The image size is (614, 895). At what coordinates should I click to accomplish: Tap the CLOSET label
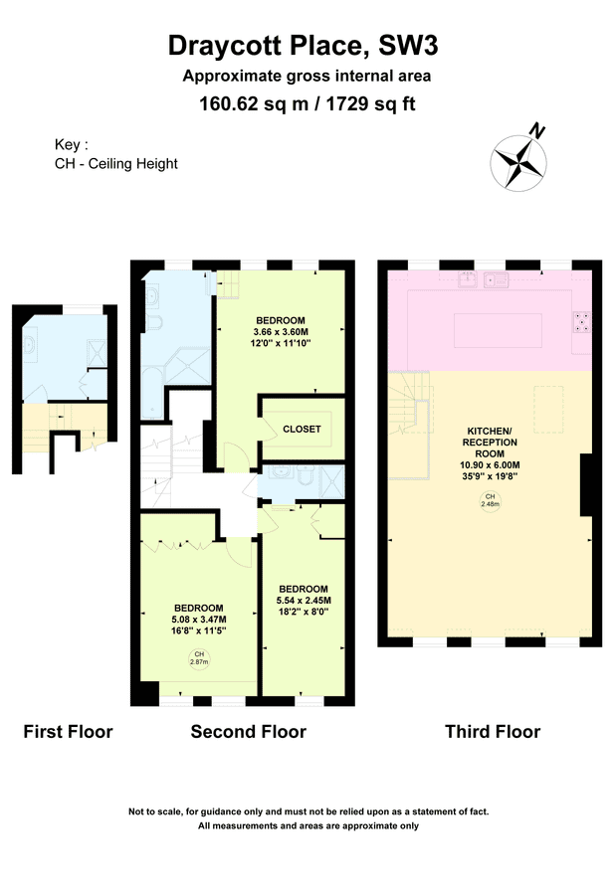[x=302, y=429]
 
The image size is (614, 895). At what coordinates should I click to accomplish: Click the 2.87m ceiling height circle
[x=199, y=657]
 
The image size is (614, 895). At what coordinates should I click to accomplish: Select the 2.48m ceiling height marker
[x=490, y=500]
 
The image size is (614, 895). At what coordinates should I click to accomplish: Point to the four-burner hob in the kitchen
[x=580, y=321]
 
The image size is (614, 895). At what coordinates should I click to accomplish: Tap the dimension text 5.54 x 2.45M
[x=303, y=600]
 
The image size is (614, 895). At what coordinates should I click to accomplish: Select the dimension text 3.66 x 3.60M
[x=283, y=331]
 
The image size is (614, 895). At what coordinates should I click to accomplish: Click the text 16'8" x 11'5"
[x=199, y=630]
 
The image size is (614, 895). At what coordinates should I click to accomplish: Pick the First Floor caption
[x=68, y=732]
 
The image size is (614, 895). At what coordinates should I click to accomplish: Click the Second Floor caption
[x=248, y=732]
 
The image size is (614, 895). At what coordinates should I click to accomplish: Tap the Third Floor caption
[x=492, y=732]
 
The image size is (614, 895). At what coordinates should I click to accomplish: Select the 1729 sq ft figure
[x=367, y=104]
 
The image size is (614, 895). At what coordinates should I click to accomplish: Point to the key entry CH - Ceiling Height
[x=116, y=164]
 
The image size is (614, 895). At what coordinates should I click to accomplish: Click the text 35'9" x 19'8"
[x=489, y=475]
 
